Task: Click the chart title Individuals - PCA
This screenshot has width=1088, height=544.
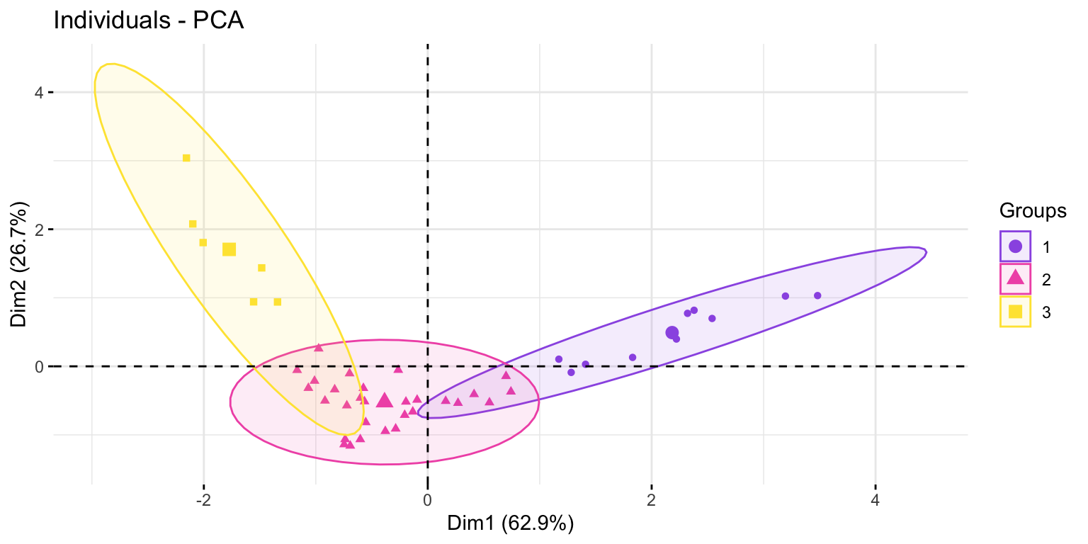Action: click(x=148, y=21)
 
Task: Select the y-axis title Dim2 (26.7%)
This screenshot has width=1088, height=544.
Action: click(x=20, y=266)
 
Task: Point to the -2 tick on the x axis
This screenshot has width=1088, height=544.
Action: click(x=203, y=500)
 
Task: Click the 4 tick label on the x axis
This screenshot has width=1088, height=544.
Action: click(x=875, y=500)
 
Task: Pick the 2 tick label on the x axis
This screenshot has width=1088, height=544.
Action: click(x=652, y=500)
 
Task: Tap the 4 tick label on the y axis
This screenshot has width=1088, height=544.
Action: click(x=40, y=92)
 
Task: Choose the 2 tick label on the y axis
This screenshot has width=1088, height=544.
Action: click(x=40, y=229)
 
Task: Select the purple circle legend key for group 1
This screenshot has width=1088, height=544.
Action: click(x=1015, y=246)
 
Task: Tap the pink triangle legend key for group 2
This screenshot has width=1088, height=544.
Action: click(x=1015, y=278)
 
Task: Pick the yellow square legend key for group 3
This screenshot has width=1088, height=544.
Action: click(x=1015, y=311)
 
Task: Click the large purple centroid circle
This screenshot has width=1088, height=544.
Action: click(x=672, y=333)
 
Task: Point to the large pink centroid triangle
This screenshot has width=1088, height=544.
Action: click(x=384, y=401)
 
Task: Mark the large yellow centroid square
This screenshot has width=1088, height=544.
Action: click(x=229, y=249)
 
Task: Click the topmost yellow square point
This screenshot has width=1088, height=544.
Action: click(x=186, y=158)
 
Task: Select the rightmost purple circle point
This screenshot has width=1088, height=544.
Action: click(x=817, y=295)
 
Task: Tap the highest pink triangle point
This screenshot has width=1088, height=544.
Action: click(x=319, y=348)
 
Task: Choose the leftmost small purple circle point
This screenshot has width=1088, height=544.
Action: click(x=559, y=359)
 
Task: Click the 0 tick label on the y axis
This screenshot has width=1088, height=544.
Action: click(x=40, y=366)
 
